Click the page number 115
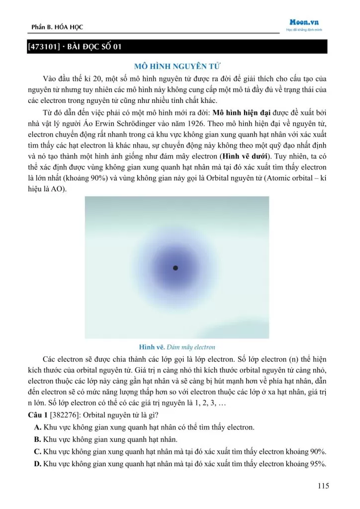click(323, 486)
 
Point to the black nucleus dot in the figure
click(175, 268)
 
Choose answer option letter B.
click(37, 439)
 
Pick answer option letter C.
click(37, 451)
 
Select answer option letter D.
click(37, 464)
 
